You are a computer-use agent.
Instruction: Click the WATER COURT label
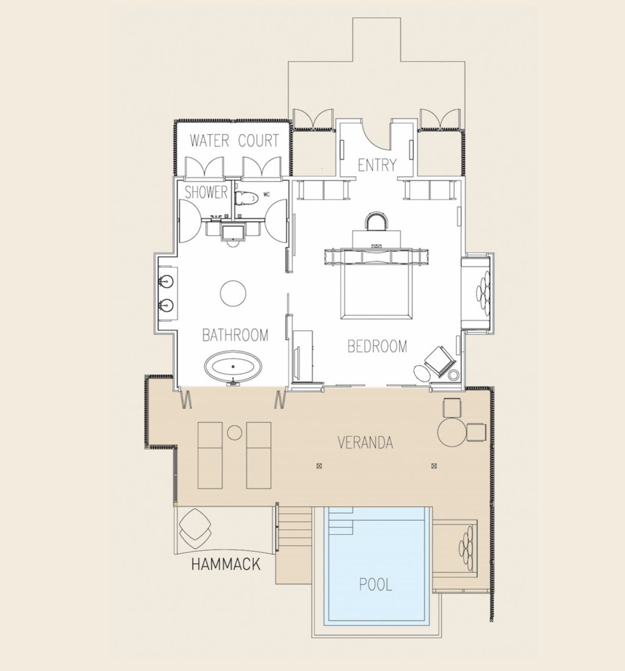pyautogui.click(x=234, y=141)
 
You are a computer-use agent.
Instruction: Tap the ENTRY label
pyautogui.click(x=377, y=165)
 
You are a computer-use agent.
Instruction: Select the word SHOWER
pyautogui.click(x=206, y=193)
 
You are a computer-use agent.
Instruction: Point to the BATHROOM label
pyautogui.click(x=235, y=335)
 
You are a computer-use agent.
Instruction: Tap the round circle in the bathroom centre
pyautogui.click(x=233, y=293)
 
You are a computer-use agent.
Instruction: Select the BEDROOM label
pyautogui.click(x=377, y=346)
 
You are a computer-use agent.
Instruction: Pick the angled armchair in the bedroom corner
pyautogui.click(x=439, y=361)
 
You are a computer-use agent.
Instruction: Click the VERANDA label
pyautogui.click(x=365, y=442)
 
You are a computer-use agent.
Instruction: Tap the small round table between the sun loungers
pyautogui.click(x=235, y=432)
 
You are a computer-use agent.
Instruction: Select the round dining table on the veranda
pyautogui.click(x=452, y=432)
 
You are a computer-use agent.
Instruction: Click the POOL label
pyautogui.click(x=375, y=585)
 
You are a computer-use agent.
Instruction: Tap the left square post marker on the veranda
pyautogui.click(x=319, y=466)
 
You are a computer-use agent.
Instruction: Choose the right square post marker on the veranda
pyautogui.click(x=434, y=466)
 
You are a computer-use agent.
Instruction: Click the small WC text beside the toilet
pyautogui.click(x=266, y=195)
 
